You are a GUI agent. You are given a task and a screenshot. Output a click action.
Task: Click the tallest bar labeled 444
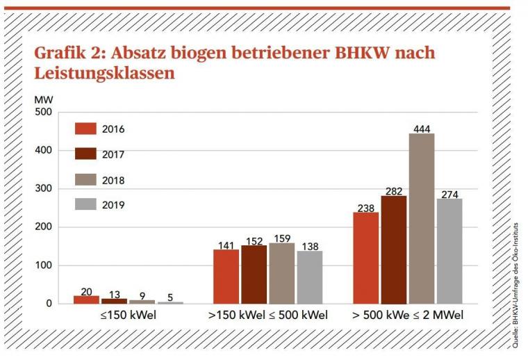point(421,218)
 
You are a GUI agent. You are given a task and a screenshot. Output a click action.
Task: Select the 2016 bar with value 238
point(365,258)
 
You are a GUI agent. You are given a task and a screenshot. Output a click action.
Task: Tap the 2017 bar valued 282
point(393,249)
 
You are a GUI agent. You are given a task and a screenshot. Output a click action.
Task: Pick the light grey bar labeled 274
point(449,251)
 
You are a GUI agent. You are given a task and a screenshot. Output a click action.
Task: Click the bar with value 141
point(226,277)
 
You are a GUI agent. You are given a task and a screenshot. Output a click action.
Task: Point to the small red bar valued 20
point(86,300)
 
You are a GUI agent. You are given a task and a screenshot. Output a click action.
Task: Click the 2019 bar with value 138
point(309,277)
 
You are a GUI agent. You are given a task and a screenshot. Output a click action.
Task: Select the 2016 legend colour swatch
point(85,129)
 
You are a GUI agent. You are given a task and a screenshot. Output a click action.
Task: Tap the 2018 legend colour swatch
point(85,180)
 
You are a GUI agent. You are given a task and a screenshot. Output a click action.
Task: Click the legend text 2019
point(113,205)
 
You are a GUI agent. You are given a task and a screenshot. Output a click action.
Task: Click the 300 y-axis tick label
point(43,189)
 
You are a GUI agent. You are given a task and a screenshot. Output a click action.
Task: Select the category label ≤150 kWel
point(127,316)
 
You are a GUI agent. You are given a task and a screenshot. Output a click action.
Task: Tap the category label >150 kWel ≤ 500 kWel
point(267,316)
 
